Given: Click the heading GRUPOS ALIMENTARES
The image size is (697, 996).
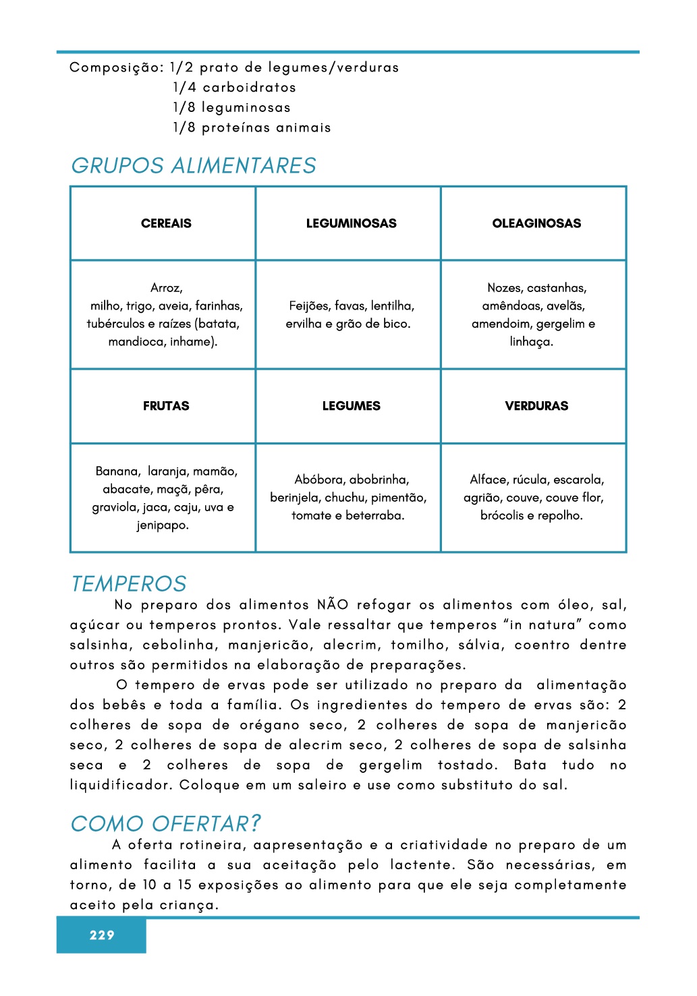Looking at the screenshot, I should point(194,166).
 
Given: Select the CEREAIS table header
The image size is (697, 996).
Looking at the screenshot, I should point(166,224).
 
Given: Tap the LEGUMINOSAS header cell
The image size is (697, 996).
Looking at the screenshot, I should point(351,224).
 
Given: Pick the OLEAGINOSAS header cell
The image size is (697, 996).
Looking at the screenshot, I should point(536,224).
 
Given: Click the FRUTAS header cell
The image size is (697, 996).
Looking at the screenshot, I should point(166,406).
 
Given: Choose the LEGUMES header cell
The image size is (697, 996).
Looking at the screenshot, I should point(351,406).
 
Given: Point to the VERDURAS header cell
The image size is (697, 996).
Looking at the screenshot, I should point(536,406).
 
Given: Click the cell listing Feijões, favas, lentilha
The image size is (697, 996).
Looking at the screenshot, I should point(348,315).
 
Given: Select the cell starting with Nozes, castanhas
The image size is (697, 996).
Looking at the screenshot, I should point(534,315).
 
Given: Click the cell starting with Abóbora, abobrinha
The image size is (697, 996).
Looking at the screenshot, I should point(348,498).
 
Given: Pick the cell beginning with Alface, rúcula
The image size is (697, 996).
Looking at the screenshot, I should point(534,498).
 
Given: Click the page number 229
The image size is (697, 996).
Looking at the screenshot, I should point(102,935).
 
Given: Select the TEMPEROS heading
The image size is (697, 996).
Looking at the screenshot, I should point(129,584).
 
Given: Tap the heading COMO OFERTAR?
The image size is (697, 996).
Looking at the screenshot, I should point(166,824).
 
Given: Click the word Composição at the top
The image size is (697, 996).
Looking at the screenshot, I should point(116,68).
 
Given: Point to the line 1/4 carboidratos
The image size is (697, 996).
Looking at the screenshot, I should point(234,88).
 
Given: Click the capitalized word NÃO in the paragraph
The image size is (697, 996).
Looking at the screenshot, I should point(333,605).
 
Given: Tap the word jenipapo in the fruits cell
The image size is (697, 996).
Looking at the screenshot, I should point(163,525).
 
